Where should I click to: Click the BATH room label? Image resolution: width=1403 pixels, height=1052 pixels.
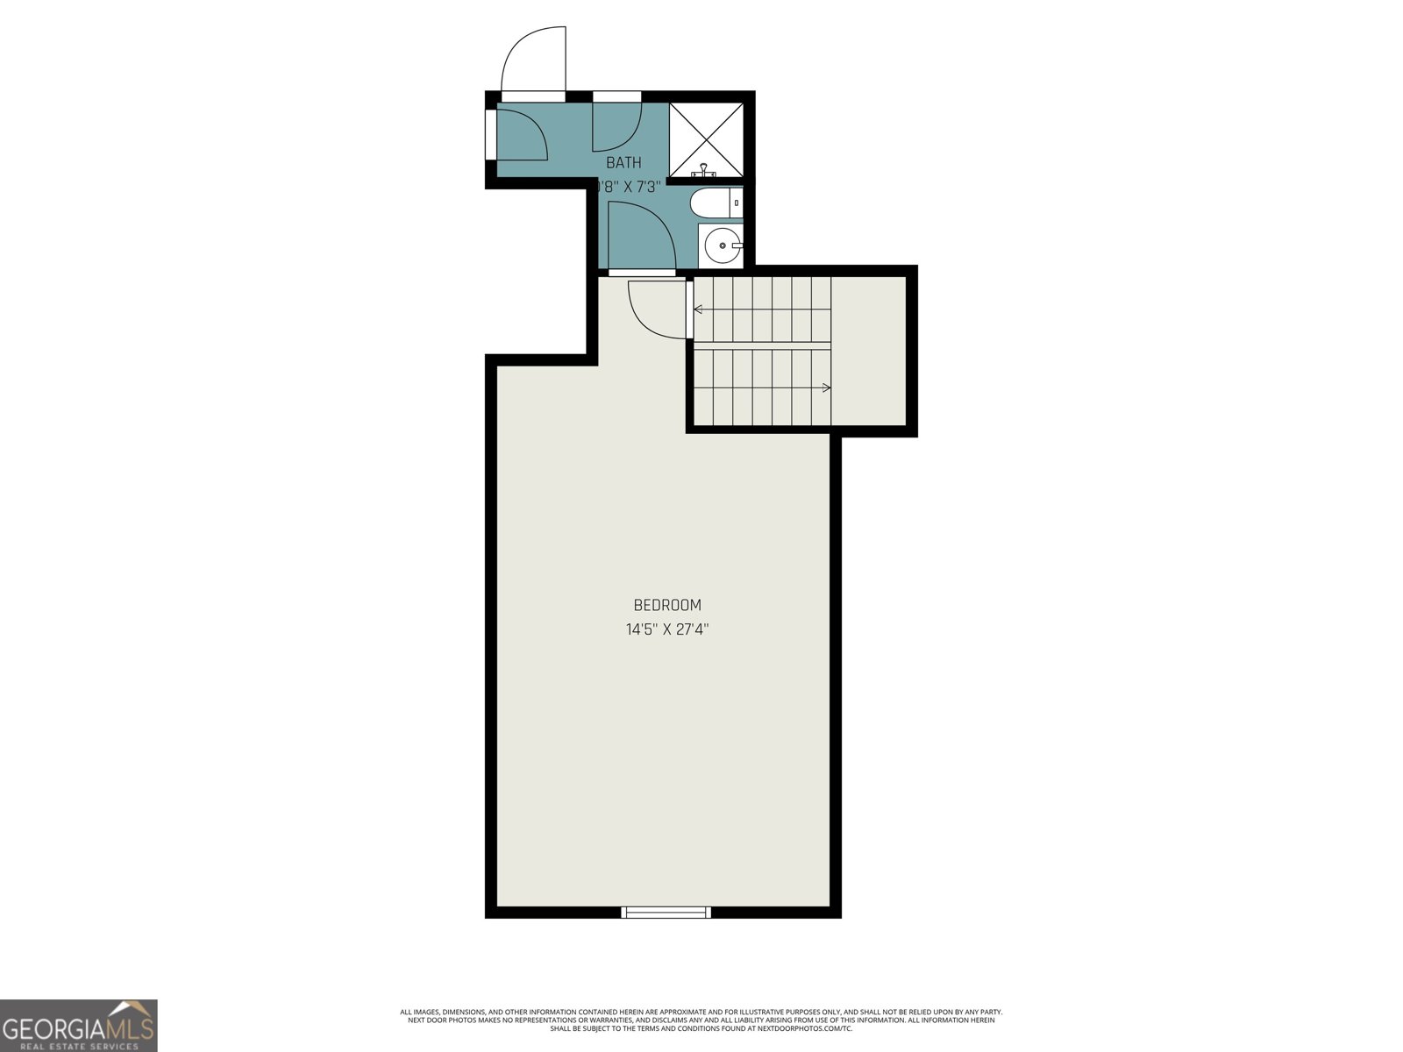[623, 162]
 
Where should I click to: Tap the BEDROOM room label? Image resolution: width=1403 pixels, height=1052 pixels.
[667, 605]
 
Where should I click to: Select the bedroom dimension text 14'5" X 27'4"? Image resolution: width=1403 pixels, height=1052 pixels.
[667, 629]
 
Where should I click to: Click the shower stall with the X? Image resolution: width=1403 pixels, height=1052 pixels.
[707, 139]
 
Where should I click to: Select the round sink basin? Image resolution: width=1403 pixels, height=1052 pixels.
[721, 245]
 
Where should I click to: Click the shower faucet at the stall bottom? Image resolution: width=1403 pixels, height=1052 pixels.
[707, 171]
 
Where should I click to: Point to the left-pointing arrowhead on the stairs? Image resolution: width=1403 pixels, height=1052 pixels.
[698, 309]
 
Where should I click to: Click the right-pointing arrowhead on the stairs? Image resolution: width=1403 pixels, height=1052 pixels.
[826, 387]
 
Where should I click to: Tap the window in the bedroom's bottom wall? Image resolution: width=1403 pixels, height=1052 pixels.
[666, 913]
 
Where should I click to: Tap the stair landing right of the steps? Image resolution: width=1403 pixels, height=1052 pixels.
[868, 351]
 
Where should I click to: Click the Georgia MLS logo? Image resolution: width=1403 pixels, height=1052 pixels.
[79, 1026]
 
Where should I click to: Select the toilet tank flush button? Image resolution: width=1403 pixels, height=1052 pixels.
[737, 203]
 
